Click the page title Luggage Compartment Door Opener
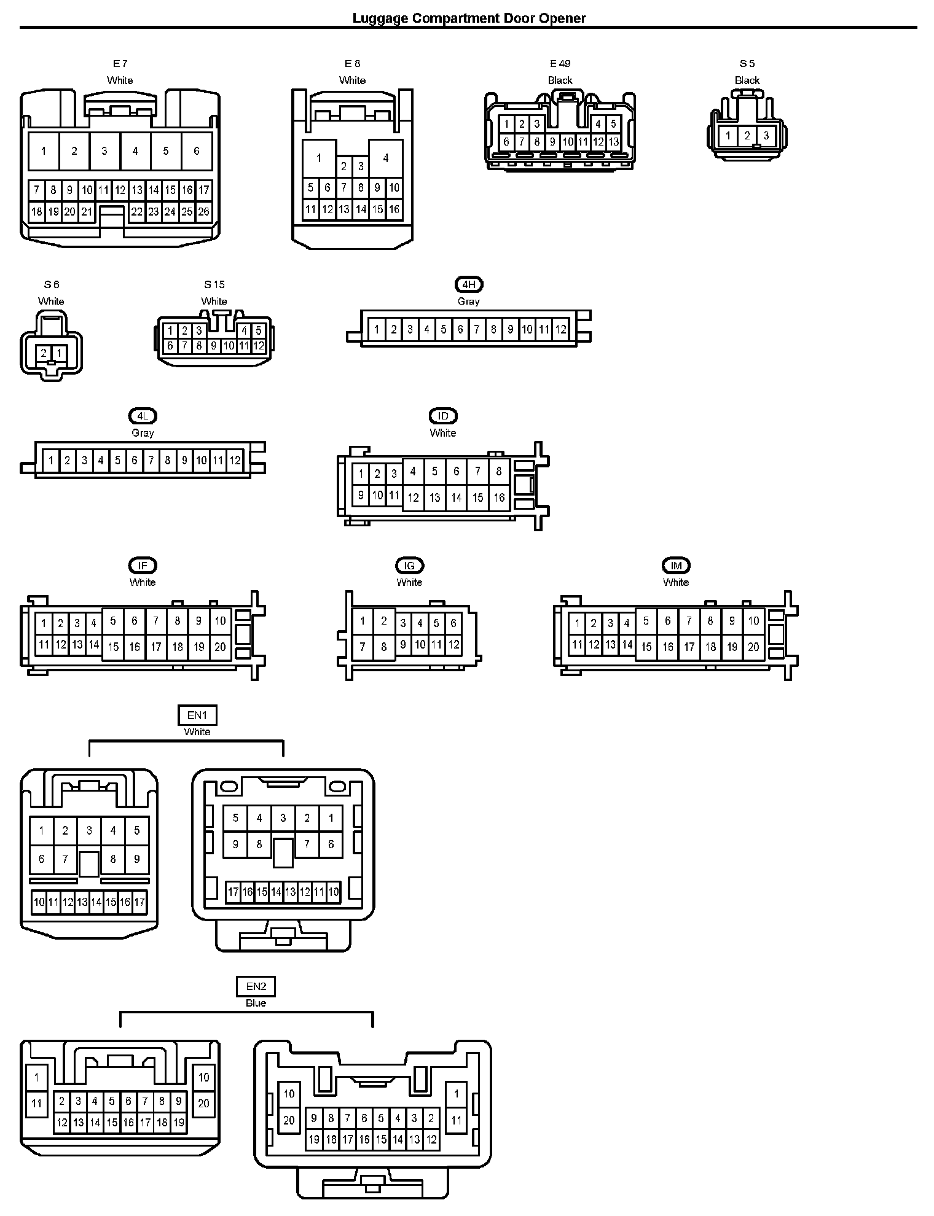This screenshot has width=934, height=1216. (x=468, y=18)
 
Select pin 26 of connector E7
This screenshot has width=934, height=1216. (x=203, y=211)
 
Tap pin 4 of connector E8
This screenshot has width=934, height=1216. (x=385, y=158)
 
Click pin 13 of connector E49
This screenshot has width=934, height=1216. (x=613, y=142)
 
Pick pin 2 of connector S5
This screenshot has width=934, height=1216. (x=747, y=135)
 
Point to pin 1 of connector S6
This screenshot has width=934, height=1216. (x=59, y=353)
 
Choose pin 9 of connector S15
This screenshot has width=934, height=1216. (x=214, y=346)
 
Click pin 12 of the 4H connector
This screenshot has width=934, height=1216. (x=560, y=329)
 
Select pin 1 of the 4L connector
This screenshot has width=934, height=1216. (x=52, y=460)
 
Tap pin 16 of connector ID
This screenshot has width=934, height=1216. (x=499, y=497)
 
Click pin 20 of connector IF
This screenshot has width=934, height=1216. (x=220, y=646)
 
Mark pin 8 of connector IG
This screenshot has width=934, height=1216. (x=384, y=646)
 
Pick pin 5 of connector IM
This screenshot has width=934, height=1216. (x=646, y=621)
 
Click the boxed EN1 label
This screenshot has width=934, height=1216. (x=197, y=715)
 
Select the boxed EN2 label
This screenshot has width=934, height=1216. (x=256, y=987)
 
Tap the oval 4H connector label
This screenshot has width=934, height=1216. (x=469, y=284)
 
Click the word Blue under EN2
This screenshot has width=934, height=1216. (x=256, y=1003)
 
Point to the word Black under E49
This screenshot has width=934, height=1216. (x=560, y=80)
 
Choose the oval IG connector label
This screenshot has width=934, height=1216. (x=409, y=566)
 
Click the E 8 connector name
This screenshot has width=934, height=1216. (x=352, y=63)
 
